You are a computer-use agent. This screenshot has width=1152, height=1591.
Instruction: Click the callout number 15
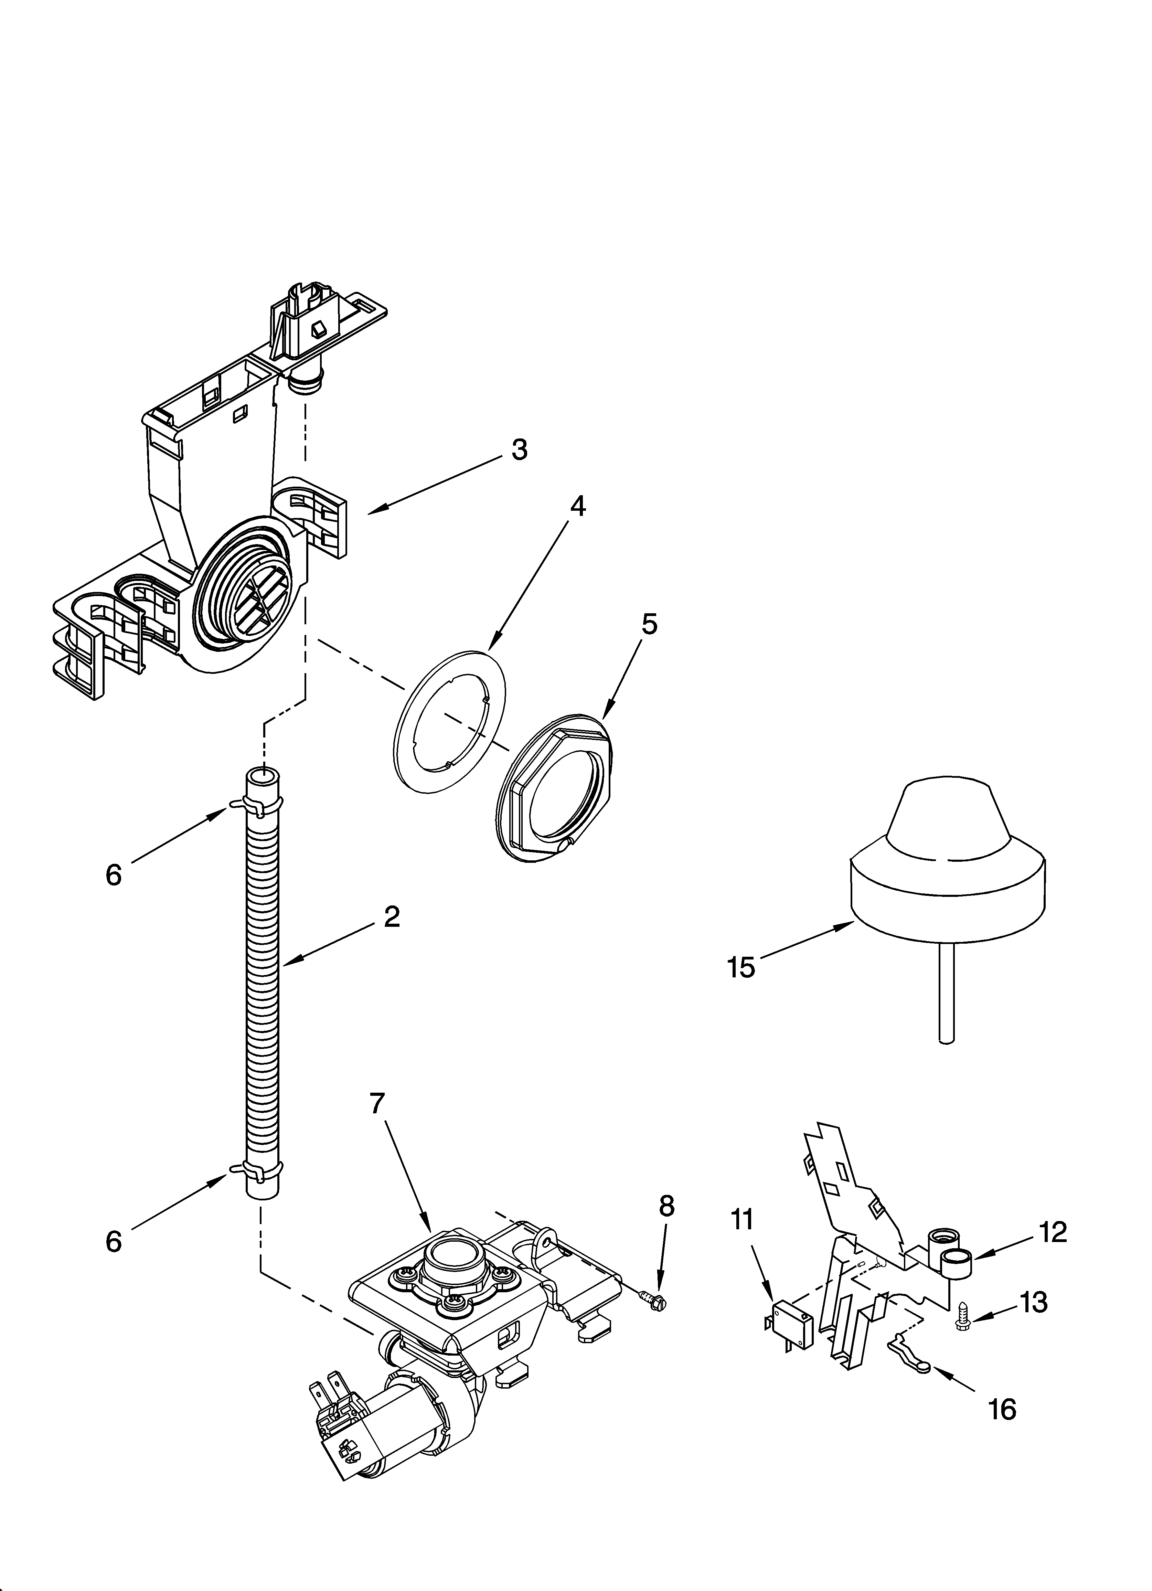[741, 967]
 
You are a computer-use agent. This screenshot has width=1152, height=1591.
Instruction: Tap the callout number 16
[1002, 1409]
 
